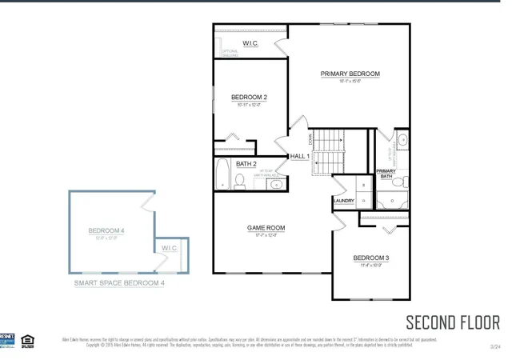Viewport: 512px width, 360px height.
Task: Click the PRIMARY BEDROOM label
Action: (350, 74)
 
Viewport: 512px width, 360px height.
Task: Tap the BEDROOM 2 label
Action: (249, 98)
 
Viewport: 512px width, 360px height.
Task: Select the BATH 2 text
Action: (246, 164)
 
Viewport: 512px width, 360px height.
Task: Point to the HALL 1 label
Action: (299, 156)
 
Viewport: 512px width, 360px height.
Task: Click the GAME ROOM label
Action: (266, 228)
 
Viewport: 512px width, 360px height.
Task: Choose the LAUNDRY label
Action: (344, 201)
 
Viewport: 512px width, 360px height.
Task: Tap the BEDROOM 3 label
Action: (371, 258)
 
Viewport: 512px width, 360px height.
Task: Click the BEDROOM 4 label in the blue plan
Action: (106, 231)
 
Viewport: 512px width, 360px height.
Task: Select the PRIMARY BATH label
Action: (386, 173)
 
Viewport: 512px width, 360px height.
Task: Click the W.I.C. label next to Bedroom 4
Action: (170, 248)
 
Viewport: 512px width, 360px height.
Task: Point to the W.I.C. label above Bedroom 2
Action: (250, 43)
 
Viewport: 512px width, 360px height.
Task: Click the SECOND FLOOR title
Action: (453, 322)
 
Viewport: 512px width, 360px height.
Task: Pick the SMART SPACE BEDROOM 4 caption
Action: (119, 282)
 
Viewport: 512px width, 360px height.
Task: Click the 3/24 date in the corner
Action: (495, 346)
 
